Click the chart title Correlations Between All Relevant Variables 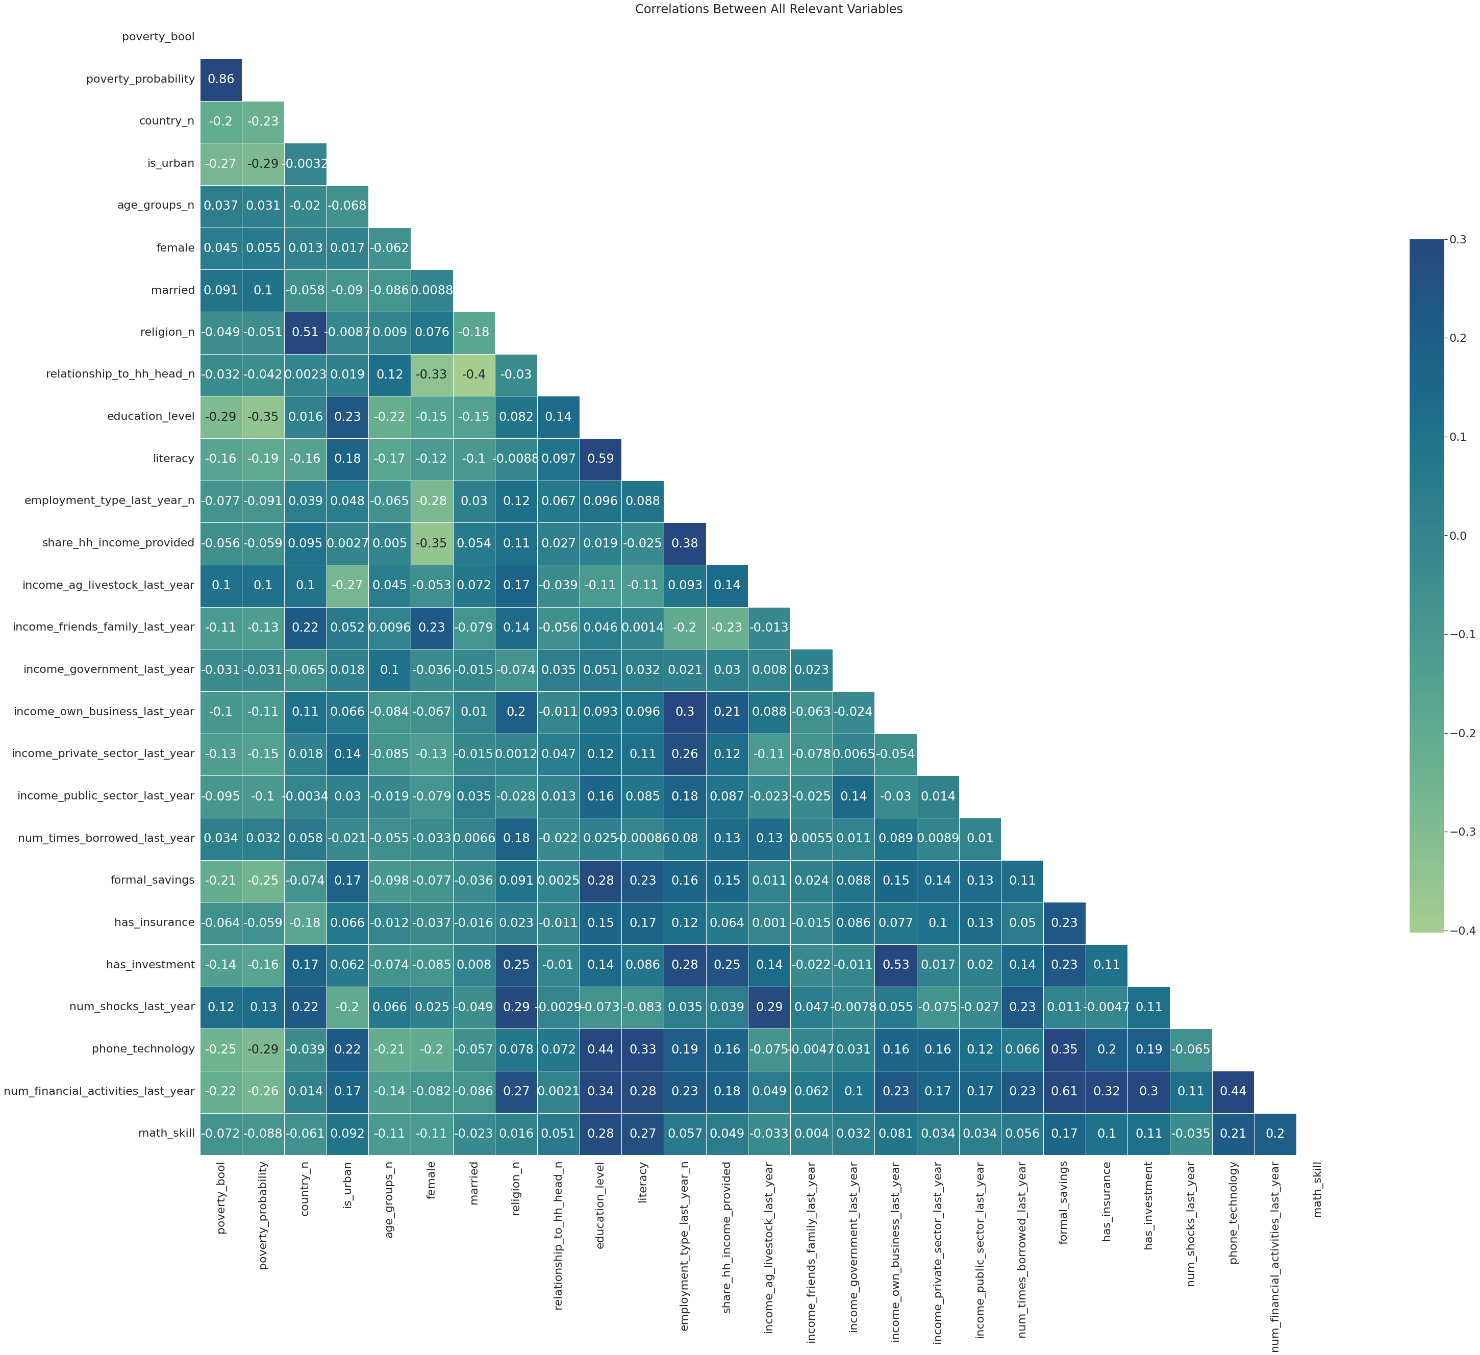point(769,10)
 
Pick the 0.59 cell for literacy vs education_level point(600,459)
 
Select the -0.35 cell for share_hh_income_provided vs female point(432,543)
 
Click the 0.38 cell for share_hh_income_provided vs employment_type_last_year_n point(685,543)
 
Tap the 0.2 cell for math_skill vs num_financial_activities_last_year point(1275,1133)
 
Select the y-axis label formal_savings point(153,880)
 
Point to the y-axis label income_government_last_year point(109,669)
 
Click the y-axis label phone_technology point(143,1049)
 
